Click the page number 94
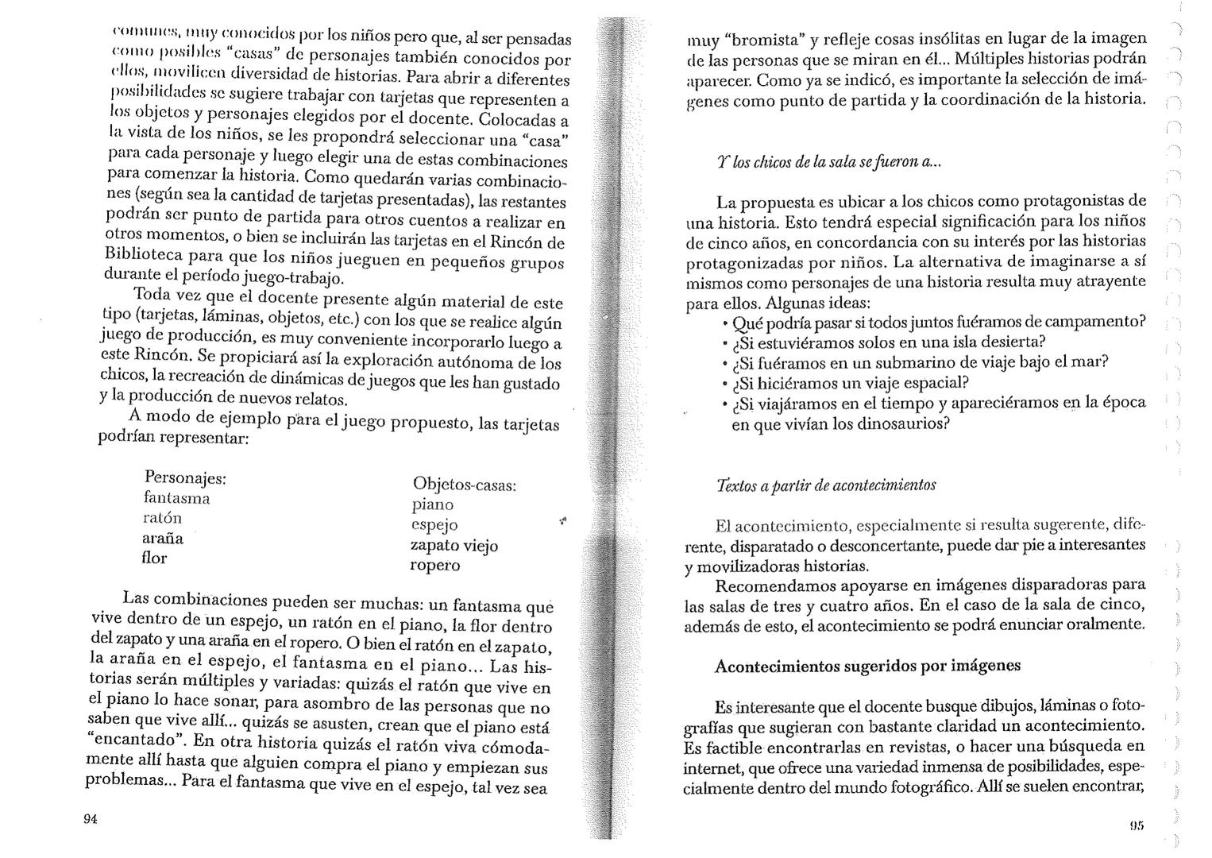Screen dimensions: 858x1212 tap(90, 820)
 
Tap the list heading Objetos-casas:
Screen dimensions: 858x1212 tap(465, 484)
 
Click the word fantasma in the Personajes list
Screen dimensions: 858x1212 tap(176, 498)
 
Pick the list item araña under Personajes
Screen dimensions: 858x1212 tap(162, 538)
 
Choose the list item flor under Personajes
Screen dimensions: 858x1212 tap(154, 558)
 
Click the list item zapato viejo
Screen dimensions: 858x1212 tap(454, 545)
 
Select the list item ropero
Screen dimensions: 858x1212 tap(434, 565)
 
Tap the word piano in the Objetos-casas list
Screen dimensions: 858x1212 tap(432, 504)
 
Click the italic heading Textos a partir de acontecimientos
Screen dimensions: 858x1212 tap(825, 485)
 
